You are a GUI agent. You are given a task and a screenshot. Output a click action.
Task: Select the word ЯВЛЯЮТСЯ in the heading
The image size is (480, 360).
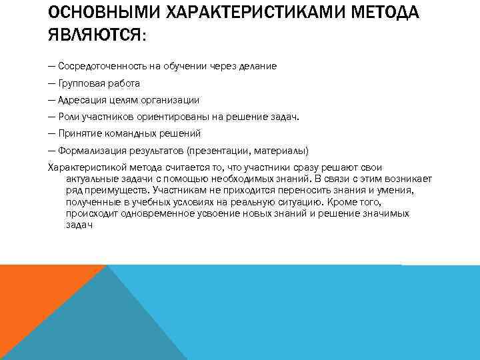(x=91, y=34)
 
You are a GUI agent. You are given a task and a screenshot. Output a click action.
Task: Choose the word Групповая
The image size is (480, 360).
(x=81, y=83)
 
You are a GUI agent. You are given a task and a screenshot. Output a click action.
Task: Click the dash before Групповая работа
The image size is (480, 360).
(x=52, y=83)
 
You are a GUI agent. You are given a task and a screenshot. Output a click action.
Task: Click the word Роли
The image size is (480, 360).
(x=68, y=117)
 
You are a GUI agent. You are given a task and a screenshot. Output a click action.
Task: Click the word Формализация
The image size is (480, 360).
(x=88, y=150)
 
